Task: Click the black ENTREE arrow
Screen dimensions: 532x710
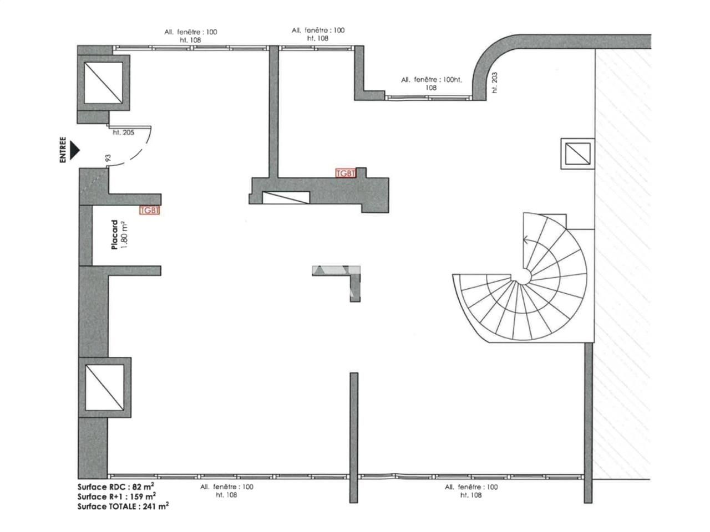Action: click(75, 150)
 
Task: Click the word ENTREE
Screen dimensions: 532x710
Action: click(63, 150)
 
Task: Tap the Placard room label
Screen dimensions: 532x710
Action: click(115, 235)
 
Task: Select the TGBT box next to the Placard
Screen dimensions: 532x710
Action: click(149, 211)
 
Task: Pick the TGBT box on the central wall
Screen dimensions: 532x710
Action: click(346, 173)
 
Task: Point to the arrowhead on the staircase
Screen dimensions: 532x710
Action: click(525, 241)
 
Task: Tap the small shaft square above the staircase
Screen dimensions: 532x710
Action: click(577, 154)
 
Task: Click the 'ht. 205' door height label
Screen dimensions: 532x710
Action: click(123, 132)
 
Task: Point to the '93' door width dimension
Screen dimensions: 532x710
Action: click(108, 159)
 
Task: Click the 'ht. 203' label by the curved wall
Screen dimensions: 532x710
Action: click(495, 83)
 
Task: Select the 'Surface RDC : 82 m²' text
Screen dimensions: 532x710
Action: click(115, 486)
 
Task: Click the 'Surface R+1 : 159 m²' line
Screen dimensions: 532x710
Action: click(116, 496)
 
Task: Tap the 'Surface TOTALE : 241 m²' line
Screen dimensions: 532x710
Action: click(123, 506)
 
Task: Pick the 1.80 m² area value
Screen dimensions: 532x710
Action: click(124, 235)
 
